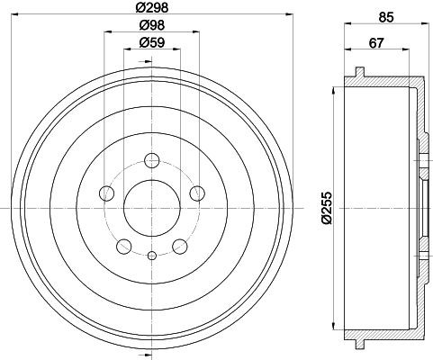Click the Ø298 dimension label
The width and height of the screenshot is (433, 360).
150,7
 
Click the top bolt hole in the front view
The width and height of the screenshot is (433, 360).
151,161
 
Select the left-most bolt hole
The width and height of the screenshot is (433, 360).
107,193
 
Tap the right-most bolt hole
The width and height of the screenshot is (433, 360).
195,192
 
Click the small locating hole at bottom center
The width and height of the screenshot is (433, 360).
151,256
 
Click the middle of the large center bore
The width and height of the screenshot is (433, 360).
151,208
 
